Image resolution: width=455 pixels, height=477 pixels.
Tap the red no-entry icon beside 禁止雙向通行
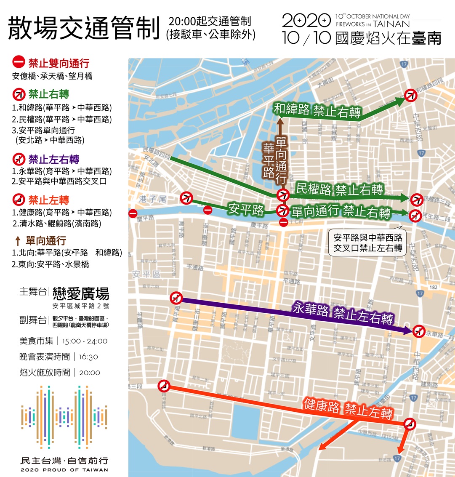19,63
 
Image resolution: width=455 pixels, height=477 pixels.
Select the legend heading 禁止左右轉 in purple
53,160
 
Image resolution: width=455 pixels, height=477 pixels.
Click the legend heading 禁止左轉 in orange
48,200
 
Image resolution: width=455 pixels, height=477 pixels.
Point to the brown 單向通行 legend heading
45,241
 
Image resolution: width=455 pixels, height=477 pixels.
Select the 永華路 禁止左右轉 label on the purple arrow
343,314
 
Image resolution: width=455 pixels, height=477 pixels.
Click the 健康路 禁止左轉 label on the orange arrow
348,408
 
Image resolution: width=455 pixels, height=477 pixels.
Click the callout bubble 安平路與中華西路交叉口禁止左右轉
367,243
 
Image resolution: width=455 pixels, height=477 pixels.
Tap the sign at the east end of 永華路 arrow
418,331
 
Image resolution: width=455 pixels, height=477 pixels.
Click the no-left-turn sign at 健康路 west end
164,386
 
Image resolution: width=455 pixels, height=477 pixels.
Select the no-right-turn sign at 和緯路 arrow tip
410,95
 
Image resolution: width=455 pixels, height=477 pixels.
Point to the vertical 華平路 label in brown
269,160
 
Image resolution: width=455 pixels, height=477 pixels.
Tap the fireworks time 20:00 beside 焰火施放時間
90,373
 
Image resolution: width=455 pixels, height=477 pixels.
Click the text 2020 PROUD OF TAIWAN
64,470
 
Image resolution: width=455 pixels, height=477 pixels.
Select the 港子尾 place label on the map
153,199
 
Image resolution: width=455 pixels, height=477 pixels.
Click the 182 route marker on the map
434,287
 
